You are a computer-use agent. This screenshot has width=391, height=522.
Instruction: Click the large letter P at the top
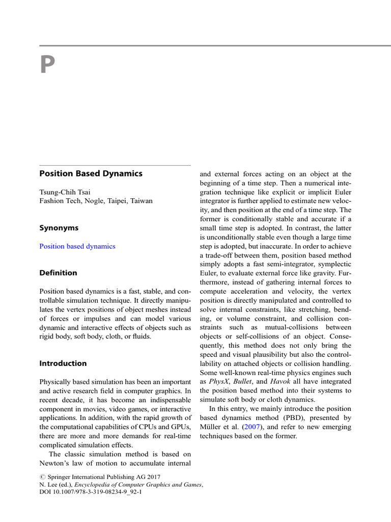pos(47,65)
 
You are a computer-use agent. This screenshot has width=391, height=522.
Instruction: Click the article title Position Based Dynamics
pos(91,173)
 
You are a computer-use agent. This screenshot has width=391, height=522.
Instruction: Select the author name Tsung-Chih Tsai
pos(65,192)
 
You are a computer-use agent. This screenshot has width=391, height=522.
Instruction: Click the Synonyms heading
pos(59,228)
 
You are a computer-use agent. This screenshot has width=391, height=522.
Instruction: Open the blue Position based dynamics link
pos(77,246)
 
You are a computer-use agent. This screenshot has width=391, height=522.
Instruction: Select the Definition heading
pos(59,273)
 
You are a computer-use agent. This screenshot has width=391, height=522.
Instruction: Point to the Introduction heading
pos(63,363)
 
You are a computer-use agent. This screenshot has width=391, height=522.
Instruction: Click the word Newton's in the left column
pos(57,463)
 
